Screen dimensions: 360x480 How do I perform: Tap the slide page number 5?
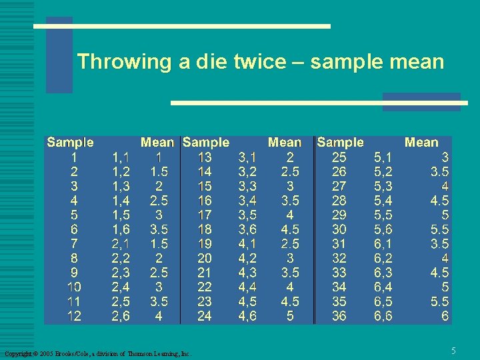click(453, 351)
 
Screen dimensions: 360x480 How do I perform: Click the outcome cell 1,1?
click(121, 157)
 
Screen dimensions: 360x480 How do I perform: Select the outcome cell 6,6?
click(383, 317)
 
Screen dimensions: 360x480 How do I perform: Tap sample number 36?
click(339, 317)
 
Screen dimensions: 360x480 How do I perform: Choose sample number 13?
click(205, 157)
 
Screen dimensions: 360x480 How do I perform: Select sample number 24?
click(205, 317)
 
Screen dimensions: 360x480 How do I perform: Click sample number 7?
click(74, 244)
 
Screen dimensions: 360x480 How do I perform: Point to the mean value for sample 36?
click(445, 317)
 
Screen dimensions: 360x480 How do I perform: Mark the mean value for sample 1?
click(159, 157)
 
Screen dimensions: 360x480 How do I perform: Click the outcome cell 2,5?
click(121, 302)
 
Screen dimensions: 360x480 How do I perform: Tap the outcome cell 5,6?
click(383, 229)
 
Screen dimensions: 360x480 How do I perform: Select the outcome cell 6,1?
click(383, 244)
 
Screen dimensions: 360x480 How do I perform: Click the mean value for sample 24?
click(290, 317)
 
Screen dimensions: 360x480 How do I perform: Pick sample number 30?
click(339, 229)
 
